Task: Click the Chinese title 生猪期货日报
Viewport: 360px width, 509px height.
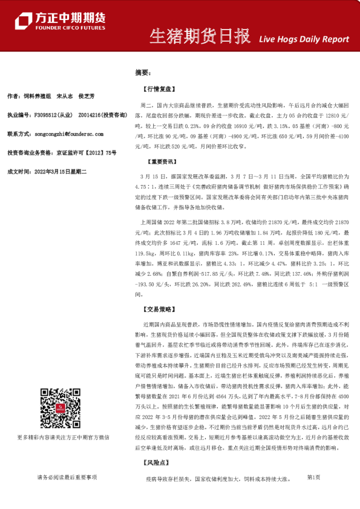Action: coord(199,37)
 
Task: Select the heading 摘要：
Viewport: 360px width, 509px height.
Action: coord(142,73)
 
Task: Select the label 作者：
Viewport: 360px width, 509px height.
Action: coord(14,96)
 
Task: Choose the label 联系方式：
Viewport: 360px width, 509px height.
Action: coord(19,134)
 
